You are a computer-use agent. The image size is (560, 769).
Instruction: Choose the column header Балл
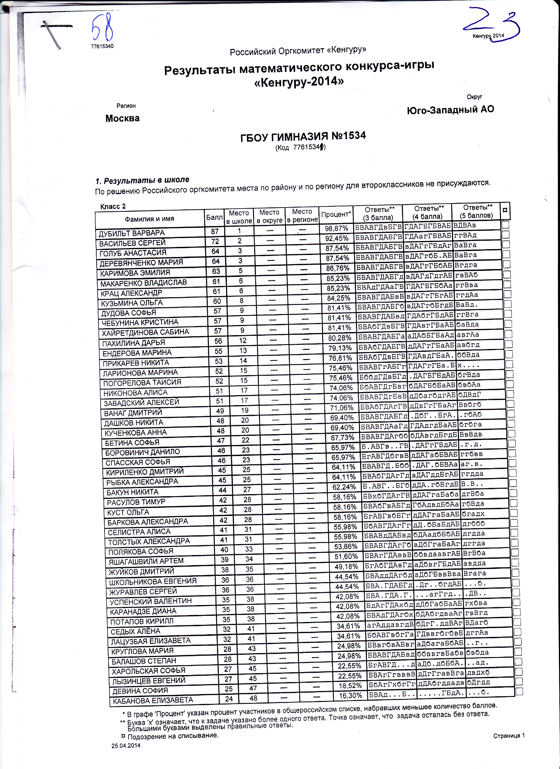214,217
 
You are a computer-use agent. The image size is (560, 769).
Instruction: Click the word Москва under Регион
122,118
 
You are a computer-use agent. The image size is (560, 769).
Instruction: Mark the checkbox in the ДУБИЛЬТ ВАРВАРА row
505,225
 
